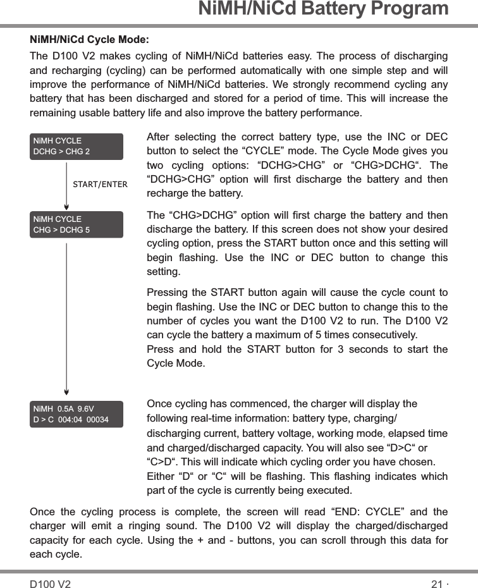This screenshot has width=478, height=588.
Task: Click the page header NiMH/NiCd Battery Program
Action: click(323, 9)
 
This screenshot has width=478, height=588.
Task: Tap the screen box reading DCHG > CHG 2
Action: click(77, 146)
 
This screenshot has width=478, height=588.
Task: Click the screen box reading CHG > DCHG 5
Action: click(77, 224)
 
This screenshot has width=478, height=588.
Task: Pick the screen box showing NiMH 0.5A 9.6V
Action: click(77, 413)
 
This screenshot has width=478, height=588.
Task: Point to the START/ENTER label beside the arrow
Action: click(100, 185)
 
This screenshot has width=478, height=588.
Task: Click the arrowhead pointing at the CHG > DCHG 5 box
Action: click(67, 205)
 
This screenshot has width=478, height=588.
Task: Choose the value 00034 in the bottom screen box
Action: click(97, 420)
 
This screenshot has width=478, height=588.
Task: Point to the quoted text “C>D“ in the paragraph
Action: click(161, 462)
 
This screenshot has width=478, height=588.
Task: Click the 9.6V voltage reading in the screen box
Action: click(85, 408)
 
